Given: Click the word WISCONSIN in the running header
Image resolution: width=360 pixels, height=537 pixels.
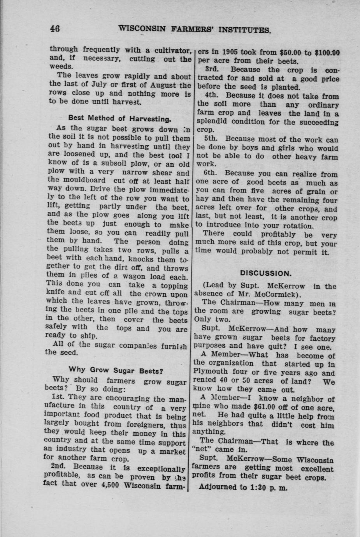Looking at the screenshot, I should click(x=139, y=29).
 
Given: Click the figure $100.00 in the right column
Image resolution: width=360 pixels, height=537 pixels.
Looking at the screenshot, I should click(x=327, y=52).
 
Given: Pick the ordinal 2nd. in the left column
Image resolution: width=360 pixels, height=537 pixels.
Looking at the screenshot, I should click(x=60, y=466).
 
